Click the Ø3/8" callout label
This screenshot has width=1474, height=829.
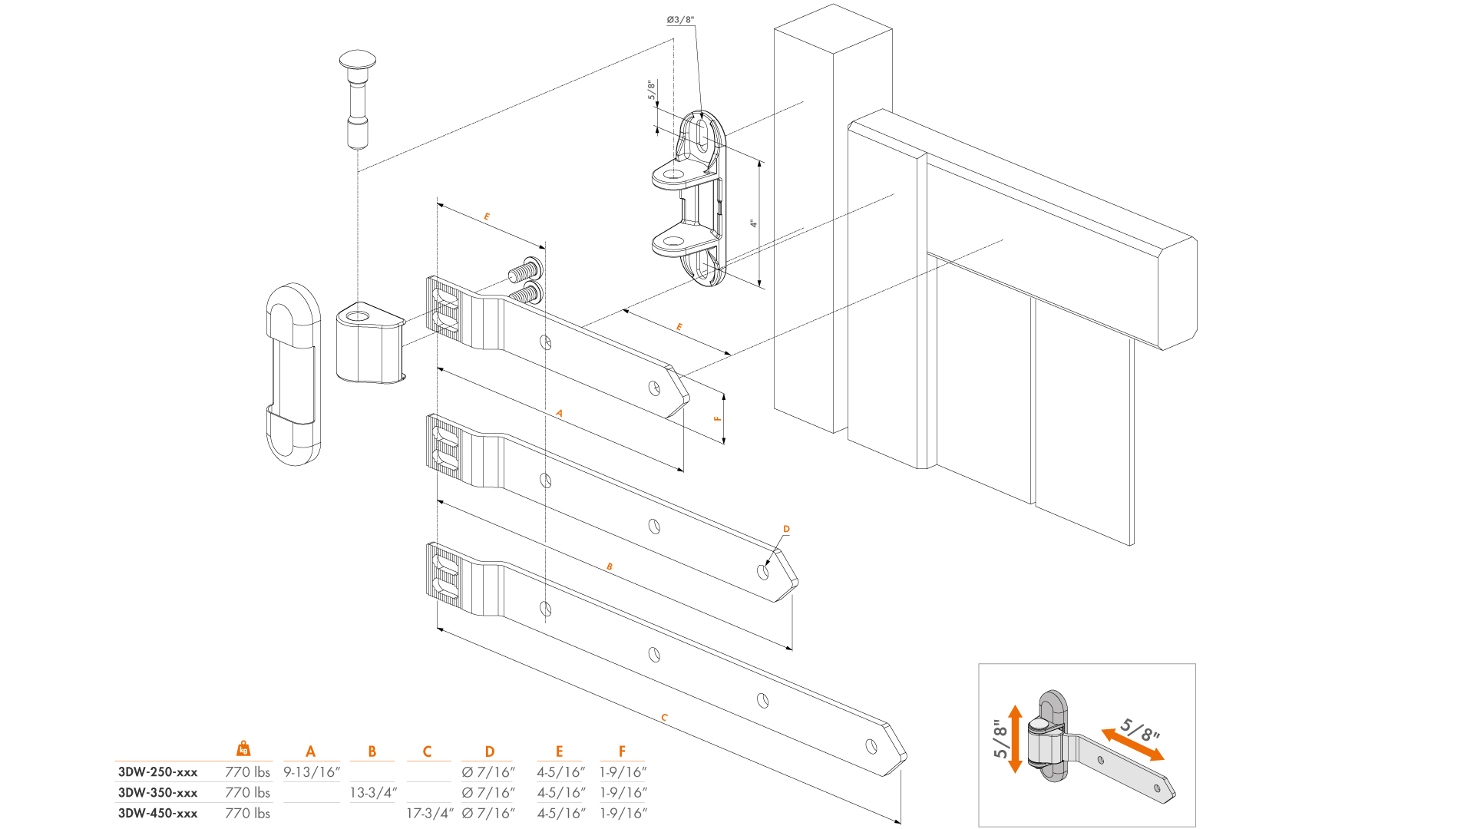[x=680, y=20]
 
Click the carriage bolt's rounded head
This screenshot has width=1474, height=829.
[x=358, y=59]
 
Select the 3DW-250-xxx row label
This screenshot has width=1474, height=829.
[x=157, y=772]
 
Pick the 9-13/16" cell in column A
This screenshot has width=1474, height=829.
[x=311, y=772]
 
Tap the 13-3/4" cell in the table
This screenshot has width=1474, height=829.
[x=373, y=793]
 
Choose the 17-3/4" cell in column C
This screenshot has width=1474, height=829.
[x=429, y=814]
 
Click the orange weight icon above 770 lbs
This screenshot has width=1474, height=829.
[x=243, y=748]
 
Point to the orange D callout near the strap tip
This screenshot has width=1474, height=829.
[x=786, y=529]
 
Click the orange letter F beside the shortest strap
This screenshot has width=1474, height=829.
[x=718, y=418]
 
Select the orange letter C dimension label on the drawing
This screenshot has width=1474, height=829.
[x=664, y=718]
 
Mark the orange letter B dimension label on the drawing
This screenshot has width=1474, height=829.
[x=610, y=567]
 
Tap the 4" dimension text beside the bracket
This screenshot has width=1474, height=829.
[x=754, y=223]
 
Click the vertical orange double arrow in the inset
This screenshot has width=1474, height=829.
[x=1015, y=738]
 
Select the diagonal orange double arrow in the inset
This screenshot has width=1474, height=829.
[x=1132, y=745]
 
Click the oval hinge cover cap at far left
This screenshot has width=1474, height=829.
[x=292, y=374]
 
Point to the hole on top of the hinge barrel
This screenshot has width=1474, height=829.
[x=358, y=315]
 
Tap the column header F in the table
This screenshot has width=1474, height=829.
[x=622, y=751]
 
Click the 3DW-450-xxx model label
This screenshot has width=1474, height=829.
[x=157, y=814]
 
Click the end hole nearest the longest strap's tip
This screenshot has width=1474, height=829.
[x=871, y=745]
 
